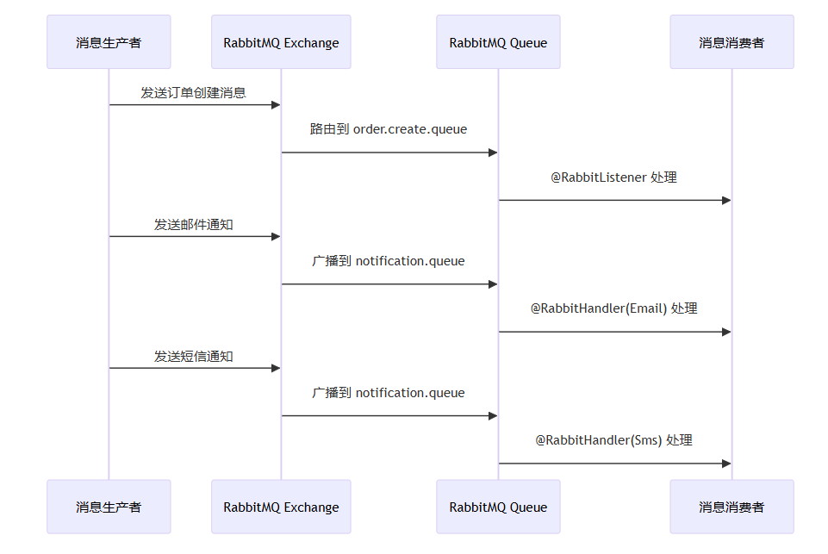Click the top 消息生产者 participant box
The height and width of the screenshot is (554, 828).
coord(109,42)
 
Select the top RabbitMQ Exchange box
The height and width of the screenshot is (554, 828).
coord(281,42)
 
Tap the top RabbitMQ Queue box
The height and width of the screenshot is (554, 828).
coord(498,42)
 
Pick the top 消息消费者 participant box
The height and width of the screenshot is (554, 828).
coord(732,42)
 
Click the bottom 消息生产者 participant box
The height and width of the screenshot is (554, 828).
coord(109,507)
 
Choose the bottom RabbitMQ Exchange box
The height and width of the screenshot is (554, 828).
coord(281,507)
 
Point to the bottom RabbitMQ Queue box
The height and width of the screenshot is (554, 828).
coord(498,507)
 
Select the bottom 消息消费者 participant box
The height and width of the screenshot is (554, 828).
coord(732,507)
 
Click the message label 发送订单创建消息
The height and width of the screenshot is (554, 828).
coord(194,92)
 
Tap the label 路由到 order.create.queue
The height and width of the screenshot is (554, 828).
coord(389,129)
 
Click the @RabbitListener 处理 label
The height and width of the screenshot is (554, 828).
coord(613,177)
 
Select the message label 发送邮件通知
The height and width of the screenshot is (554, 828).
coord(194,224)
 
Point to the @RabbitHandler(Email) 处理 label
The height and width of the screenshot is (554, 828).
coord(613,308)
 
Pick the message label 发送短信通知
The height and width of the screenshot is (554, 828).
coord(194,356)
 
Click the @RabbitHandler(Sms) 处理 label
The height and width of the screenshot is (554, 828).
coord(613,440)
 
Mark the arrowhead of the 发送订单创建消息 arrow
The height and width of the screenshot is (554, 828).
coord(277,105)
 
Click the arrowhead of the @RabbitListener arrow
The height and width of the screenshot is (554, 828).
coord(726,200)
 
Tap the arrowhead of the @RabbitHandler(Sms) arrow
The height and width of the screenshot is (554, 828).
coord(726,464)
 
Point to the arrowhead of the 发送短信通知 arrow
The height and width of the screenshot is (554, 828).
coord(277,368)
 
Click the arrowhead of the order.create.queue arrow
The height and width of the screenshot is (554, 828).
coord(493,153)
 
